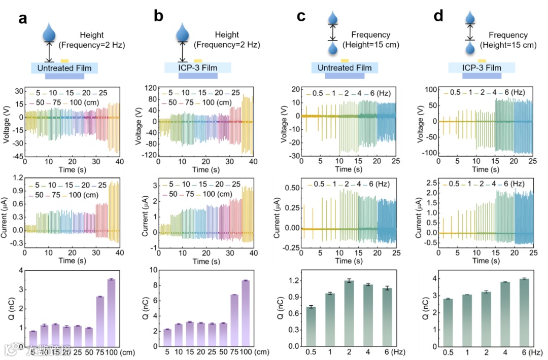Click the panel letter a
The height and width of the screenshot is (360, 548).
[x=22, y=19]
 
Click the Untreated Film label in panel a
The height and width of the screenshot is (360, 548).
[x=64, y=68]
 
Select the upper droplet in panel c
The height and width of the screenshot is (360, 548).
[x=332, y=19]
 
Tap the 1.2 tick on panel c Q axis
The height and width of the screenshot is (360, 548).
[x=291, y=280]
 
